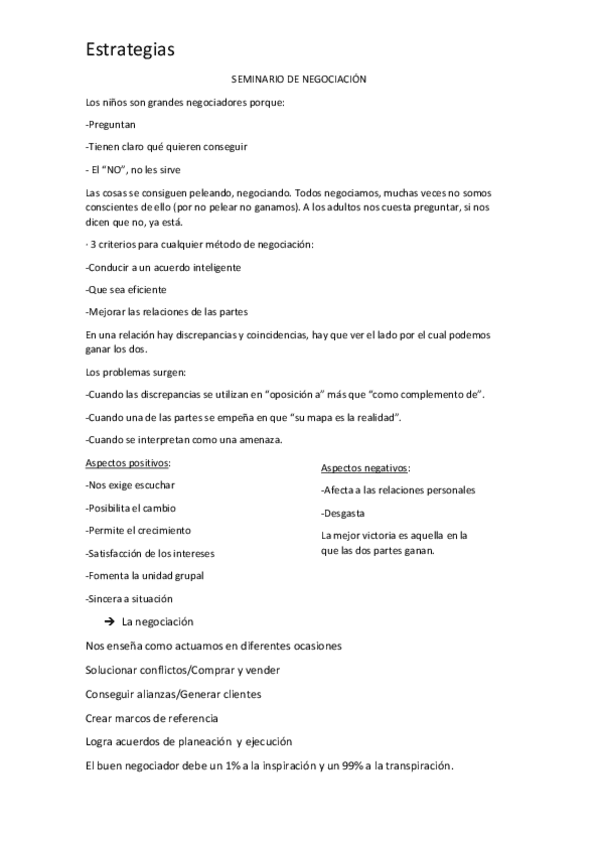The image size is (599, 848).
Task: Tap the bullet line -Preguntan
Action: [111, 125]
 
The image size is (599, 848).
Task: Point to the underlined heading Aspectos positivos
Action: [128, 463]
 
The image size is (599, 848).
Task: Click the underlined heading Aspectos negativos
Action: [365, 468]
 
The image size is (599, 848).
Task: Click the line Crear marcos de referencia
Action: [152, 718]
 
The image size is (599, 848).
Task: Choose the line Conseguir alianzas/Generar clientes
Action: [174, 694]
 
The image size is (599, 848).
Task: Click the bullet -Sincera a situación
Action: [130, 598]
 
